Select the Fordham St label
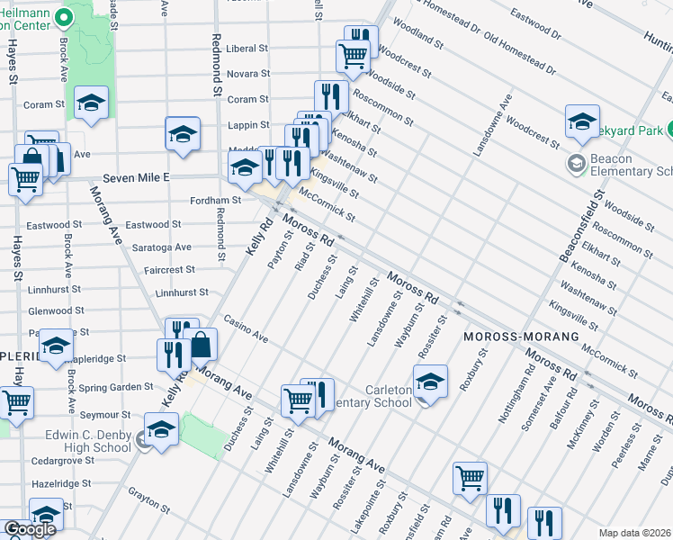coord(215,201)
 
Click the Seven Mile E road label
coord(136,178)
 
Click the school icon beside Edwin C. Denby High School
coord(161,430)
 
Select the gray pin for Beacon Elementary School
coord(574,165)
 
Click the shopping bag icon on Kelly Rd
coord(202,346)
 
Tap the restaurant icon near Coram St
coord(331,96)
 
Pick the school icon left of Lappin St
coord(183,134)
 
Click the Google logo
coord(30,529)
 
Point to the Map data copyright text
coord(635,533)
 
